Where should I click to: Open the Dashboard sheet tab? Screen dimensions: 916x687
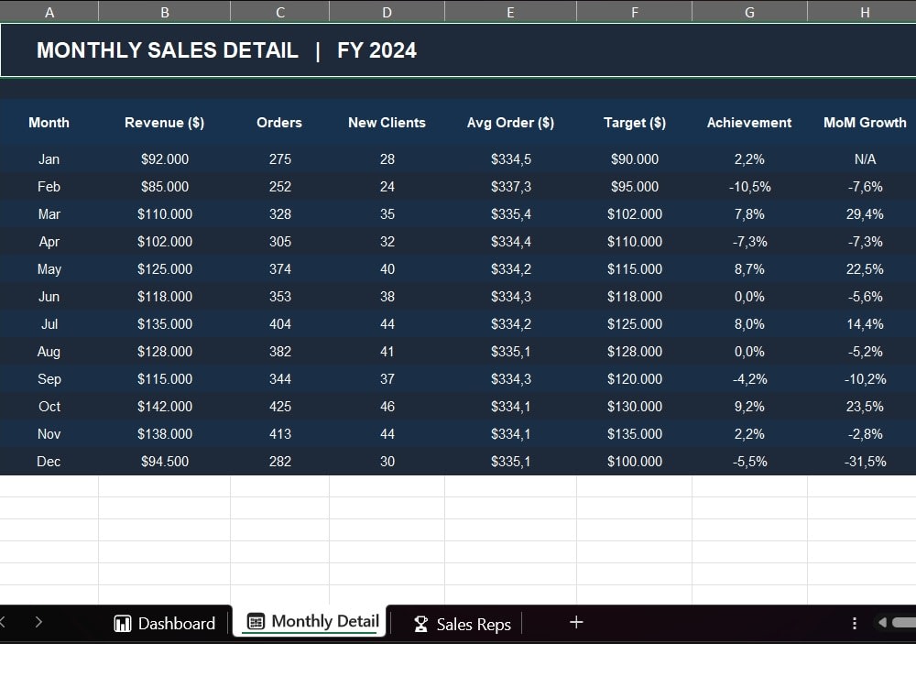click(x=165, y=623)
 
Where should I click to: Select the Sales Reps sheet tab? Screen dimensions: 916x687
click(x=462, y=624)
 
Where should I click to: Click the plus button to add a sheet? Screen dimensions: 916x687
click(x=576, y=622)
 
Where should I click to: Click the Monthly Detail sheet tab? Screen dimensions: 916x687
click(x=313, y=621)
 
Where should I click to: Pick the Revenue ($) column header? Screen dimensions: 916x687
click(x=165, y=123)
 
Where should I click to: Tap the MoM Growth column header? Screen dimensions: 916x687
click(x=865, y=123)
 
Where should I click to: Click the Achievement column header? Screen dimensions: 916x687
click(x=749, y=123)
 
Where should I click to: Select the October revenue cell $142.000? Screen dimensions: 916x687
click(x=165, y=407)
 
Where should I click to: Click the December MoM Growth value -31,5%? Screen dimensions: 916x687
click(x=865, y=462)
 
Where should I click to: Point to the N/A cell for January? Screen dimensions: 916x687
click(x=866, y=158)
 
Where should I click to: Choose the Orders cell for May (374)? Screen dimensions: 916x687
click(x=279, y=269)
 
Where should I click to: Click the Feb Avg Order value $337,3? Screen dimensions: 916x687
click(x=510, y=187)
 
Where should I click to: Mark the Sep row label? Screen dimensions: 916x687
click(x=49, y=379)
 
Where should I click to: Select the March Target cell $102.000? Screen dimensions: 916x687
click(x=635, y=214)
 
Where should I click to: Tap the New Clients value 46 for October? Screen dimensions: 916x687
click(x=387, y=407)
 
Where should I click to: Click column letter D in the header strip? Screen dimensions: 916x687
click(x=387, y=12)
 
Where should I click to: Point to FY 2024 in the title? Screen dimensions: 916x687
click(x=376, y=50)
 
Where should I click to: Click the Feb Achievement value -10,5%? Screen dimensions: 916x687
click(x=749, y=187)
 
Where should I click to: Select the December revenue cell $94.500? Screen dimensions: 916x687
click(x=165, y=462)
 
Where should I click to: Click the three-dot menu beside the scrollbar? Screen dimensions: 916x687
click(x=854, y=623)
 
